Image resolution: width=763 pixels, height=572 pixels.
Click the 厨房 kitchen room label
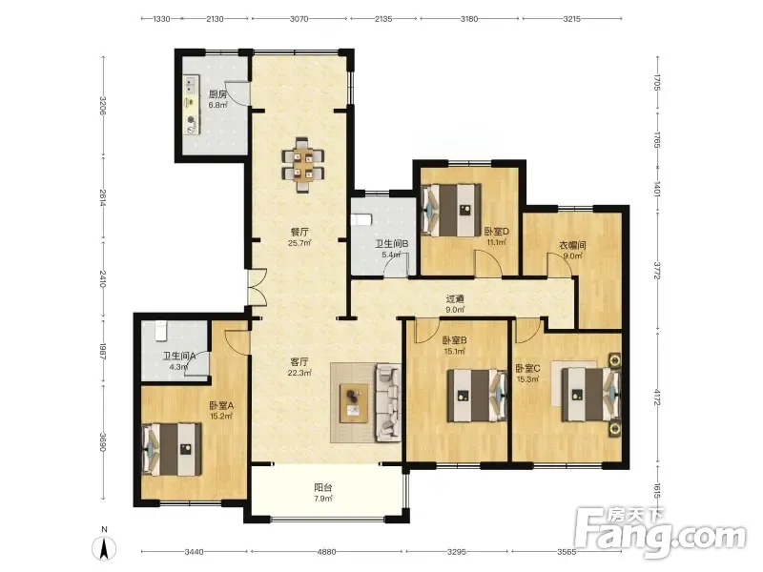217,94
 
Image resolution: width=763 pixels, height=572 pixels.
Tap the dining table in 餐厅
302,165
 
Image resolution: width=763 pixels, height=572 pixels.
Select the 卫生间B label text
391,244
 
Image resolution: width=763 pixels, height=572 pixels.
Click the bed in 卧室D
450,210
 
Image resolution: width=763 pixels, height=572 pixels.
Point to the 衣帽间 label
571,245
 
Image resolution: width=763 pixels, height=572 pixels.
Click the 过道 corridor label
455,299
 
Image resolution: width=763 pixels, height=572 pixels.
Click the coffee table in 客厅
354,403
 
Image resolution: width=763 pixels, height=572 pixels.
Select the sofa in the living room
388,403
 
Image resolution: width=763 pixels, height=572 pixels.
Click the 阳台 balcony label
322,487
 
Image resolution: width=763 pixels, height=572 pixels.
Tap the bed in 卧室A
172,449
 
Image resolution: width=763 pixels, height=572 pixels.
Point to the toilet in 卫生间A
161,331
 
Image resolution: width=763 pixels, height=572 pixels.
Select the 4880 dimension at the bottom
326,552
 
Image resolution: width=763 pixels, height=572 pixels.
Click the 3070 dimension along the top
299,19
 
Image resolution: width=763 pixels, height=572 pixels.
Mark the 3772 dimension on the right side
656,271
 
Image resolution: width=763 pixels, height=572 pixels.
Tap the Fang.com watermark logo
659,533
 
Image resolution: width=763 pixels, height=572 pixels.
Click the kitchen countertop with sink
192,105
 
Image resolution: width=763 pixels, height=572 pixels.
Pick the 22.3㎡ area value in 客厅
299,373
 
